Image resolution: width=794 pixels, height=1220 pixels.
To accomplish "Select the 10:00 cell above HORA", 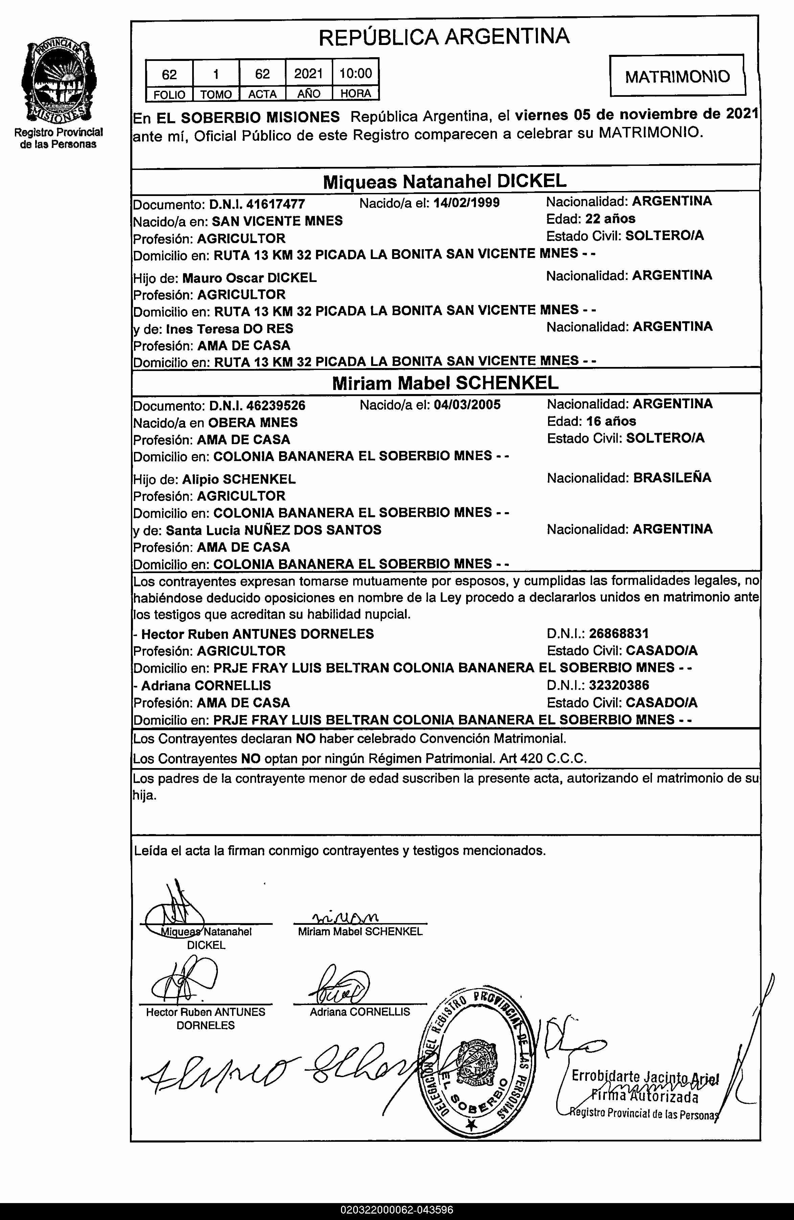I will click(x=356, y=73).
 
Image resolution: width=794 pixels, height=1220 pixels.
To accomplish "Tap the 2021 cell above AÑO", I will click(x=309, y=74).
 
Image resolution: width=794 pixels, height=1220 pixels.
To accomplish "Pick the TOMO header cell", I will click(x=215, y=94).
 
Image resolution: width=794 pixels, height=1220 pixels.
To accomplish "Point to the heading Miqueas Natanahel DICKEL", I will click(x=445, y=181).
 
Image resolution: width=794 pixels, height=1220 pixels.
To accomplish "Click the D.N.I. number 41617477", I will click(x=276, y=204).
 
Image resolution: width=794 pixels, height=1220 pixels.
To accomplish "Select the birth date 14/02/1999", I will click(x=467, y=202).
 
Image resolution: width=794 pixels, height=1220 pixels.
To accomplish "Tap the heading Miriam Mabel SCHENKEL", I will click(x=445, y=383).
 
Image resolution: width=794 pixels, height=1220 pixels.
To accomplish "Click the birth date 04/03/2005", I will click(x=467, y=405).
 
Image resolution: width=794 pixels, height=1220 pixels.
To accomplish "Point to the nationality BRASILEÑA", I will click(x=672, y=478).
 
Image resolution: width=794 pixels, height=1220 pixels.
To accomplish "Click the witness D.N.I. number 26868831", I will click(x=619, y=634).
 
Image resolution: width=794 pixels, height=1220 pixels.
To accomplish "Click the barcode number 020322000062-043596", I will click(x=397, y=1210).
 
